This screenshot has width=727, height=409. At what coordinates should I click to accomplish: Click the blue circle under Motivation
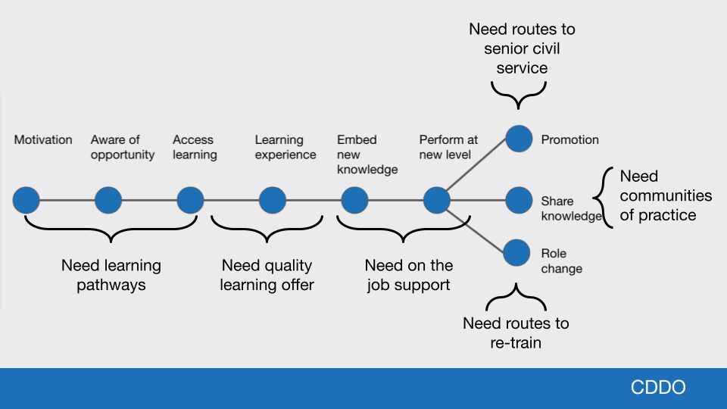point(26,201)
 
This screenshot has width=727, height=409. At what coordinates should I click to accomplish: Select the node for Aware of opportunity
point(108,201)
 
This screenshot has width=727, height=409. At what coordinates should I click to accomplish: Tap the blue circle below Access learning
point(190,201)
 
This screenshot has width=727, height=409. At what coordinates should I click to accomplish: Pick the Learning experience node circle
point(273,201)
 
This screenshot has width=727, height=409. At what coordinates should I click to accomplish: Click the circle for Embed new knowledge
point(354,201)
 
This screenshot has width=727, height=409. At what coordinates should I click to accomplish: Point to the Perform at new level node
point(437,201)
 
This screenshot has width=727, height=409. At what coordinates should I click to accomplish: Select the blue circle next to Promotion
point(519,139)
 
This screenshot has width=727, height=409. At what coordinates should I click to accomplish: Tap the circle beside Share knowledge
point(519,201)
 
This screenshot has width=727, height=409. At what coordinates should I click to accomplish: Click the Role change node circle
point(516,252)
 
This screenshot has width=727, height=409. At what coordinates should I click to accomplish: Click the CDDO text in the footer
point(658,388)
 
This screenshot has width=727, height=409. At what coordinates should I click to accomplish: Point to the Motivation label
point(43,140)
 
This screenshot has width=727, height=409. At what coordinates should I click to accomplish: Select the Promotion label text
point(569,140)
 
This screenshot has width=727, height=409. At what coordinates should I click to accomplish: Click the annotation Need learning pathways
point(111,275)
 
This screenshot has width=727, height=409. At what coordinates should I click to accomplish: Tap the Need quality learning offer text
point(267,275)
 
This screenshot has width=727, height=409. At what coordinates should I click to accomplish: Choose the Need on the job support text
point(409,275)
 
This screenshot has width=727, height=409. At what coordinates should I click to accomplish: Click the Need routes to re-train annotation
point(516,333)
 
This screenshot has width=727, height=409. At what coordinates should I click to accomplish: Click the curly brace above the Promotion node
point(519,94)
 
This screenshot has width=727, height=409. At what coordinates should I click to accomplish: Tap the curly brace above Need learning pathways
point(111,229)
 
